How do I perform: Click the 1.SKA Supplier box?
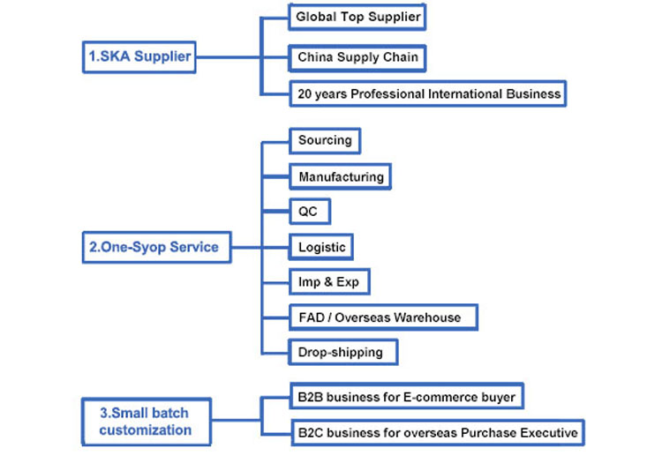[139, 57]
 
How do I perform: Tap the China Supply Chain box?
[358, 57]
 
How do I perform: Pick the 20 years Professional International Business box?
[428, 93]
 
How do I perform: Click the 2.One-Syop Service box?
[153, 248]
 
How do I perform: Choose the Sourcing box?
[325, 140]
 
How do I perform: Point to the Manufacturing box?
[341, 176]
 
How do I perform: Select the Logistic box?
[322, 248]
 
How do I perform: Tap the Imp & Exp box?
[328, 282]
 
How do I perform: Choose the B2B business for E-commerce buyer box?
[406, 397]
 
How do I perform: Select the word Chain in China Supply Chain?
[402, 57]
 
